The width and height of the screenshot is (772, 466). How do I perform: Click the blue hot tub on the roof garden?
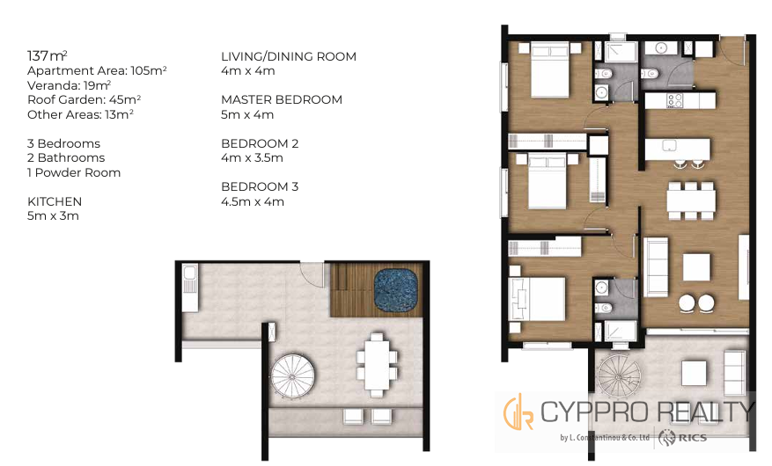[395, 289]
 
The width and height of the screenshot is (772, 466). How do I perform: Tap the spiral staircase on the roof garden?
[292, 375]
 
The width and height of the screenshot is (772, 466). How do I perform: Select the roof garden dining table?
[377, 364]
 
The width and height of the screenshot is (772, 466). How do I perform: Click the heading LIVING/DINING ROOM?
[289, 56]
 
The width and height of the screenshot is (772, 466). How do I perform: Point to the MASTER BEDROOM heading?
[282, 99]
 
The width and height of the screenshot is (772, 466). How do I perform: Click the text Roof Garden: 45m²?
[85, 99]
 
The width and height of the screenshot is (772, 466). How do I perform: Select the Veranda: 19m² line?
[69, 85]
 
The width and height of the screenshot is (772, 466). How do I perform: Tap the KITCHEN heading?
[55, 201]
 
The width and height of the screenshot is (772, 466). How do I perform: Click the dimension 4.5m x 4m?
[253, 201]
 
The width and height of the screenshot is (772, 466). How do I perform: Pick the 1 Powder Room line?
[74, 172]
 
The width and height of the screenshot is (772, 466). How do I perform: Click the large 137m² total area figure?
[48, 55]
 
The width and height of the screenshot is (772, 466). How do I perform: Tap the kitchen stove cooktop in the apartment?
[674, 101]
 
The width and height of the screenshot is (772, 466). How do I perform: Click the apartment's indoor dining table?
[691, 201]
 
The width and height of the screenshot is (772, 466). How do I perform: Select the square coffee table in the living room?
[696, 267]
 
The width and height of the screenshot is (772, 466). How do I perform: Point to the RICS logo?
[684, 436]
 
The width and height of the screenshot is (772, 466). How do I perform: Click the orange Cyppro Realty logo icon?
[518, 411]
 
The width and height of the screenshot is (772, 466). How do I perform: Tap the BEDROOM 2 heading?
[260, 143]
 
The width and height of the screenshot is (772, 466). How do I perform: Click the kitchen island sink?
[669, 145]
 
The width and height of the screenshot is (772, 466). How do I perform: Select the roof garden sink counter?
[190, 288]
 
